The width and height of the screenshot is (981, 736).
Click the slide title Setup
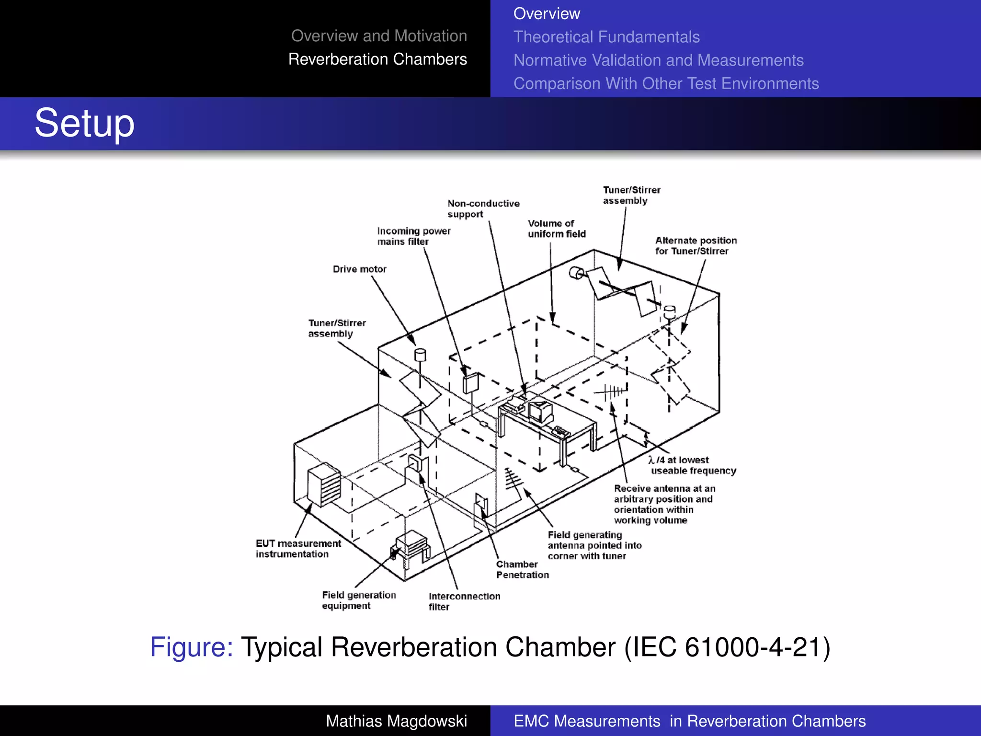(x=84, y=123)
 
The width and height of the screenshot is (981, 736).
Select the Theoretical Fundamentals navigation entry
(x=606, y=37)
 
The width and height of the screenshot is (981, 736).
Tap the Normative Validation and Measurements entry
(x=658, y=60)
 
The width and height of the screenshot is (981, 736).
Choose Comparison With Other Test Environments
(x=666, y=83)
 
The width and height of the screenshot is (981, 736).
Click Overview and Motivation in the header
(x=379, y=36)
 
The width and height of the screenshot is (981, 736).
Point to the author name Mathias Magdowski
(x=396, y=721)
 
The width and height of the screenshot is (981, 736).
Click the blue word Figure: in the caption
(x=192, y=647)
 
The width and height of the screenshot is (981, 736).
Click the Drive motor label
(x=359, y=269)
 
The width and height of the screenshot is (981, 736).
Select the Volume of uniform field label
(x=556, y=229)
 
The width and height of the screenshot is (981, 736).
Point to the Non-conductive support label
(x=483, y=209)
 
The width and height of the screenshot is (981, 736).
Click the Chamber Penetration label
(x=522, y=569)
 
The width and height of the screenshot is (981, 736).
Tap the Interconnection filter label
(x=464, y=601)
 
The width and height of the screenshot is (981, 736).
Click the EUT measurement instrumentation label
(x=298, y=549)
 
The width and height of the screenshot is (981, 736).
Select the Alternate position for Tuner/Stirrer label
(x=696, y=246)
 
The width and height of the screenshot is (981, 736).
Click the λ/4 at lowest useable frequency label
(x=692, y=465)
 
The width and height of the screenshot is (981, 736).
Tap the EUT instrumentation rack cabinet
(x=324, y=485)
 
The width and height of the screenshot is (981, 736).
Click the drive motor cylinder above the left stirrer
(x=420, y=355)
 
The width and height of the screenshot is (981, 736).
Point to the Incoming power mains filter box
(x=470, y=383)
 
